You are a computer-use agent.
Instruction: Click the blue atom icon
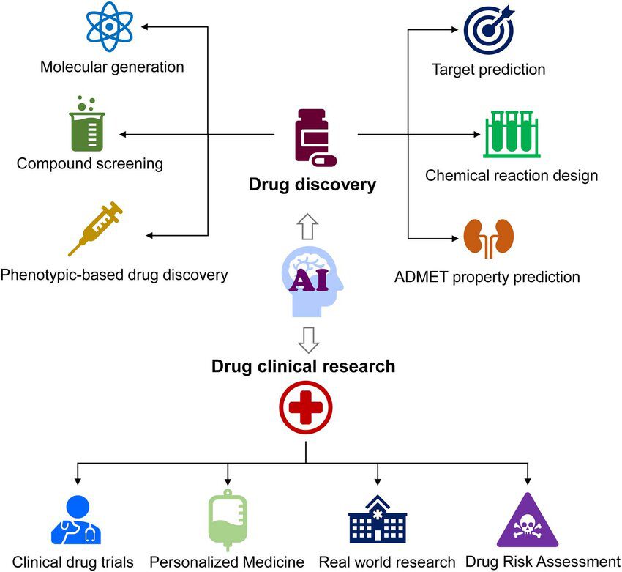click(x=110, y=28)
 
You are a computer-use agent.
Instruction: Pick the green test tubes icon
click(x=512, y=134)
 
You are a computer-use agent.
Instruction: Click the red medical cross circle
click(x=305, y=406)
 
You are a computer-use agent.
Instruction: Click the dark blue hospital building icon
click(x=377, y=521)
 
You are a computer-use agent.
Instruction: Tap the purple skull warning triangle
click(x=528, y=522)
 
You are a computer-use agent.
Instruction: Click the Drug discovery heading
click(x=312, y=185)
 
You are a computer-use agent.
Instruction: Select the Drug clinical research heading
click(x=304, y=366)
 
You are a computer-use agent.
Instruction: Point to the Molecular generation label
click(x=112, y=67)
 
